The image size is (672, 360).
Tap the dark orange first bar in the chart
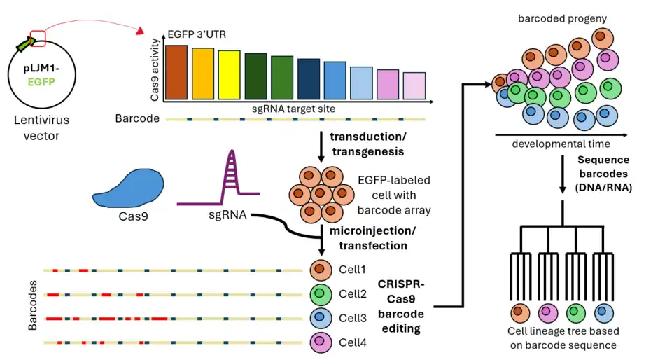(x=176, y=72)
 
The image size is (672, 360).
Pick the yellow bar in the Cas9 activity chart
(x=229, y=75)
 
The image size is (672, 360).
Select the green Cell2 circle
(x=318, y=294)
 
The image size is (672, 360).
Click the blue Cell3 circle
(x=318, y=318)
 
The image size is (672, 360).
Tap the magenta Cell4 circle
(x=318, y=342)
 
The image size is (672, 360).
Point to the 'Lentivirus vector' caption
(x=37, y=128)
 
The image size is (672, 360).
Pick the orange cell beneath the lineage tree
(x=519, y=311)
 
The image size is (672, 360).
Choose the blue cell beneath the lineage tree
(x=602, y=311)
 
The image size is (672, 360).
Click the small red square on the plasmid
(x=38, y=38)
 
